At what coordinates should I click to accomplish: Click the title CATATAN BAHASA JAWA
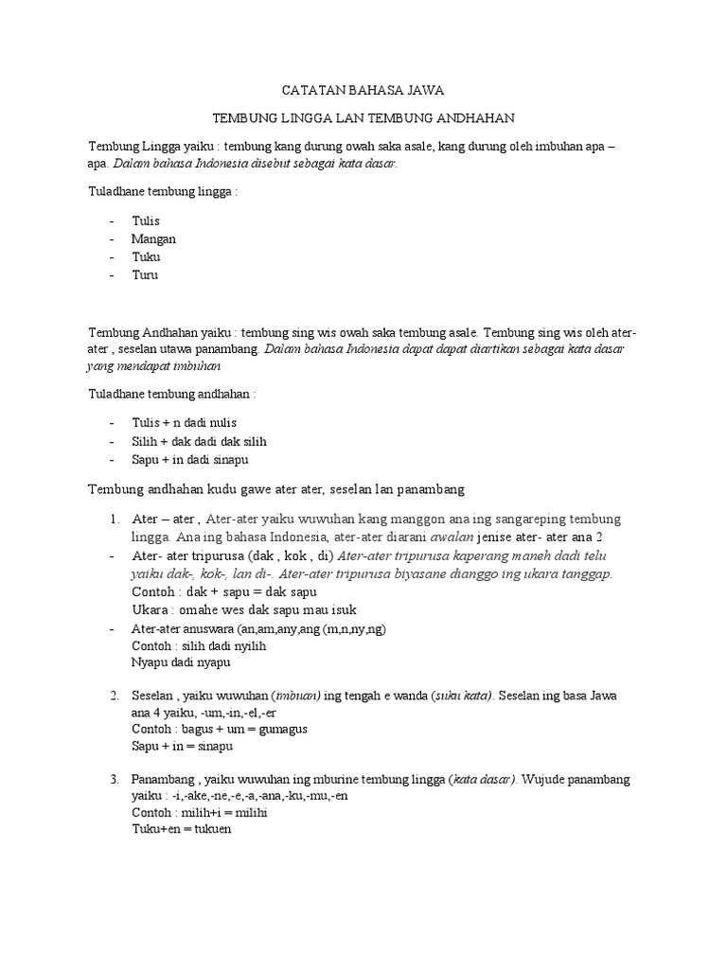363,91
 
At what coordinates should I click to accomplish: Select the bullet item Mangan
153,238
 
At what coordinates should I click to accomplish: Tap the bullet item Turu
145,274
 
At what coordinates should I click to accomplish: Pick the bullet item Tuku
146,256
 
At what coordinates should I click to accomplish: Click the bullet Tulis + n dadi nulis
184,422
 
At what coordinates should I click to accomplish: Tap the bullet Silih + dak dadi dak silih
199,440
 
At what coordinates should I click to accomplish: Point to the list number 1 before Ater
113,520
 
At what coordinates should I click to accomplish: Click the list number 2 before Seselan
113,696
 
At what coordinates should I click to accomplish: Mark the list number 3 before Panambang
113,779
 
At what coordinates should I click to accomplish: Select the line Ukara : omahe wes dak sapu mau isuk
244,609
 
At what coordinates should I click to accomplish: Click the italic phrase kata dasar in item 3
483,779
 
